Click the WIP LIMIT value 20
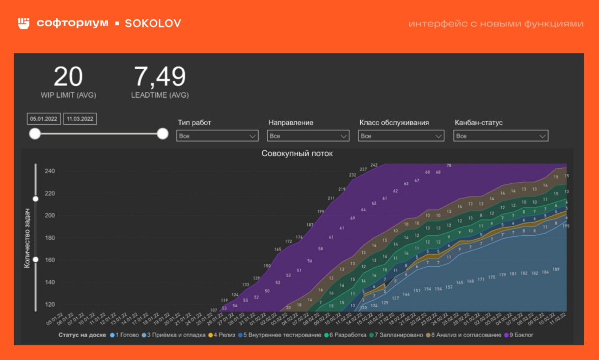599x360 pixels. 68,77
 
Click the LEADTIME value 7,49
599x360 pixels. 159,77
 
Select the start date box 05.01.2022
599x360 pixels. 43,119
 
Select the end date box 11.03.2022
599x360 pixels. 80,119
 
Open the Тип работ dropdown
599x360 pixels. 217,136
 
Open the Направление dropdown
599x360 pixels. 308,136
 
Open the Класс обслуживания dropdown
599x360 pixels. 401,136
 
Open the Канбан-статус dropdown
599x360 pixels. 501,136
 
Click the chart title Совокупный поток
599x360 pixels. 297,153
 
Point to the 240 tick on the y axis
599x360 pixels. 49,171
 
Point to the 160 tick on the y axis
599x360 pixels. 49,260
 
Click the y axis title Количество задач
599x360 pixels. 26,238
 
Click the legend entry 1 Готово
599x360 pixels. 124,335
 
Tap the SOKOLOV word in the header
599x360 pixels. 153,23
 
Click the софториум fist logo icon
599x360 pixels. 24,23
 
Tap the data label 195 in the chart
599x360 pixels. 565,226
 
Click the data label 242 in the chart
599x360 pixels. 374,165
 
